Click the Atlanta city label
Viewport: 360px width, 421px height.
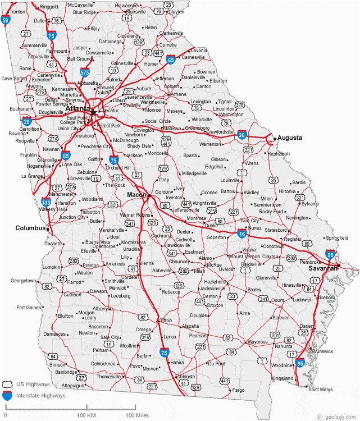pos(78,108)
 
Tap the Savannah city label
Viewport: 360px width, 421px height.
pos(323,268)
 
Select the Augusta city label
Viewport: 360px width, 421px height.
pos(290,138)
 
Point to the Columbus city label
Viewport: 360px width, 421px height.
pos(30,228)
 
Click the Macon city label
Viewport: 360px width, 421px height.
pos(136,194)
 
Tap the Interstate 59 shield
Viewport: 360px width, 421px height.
pos(5,21)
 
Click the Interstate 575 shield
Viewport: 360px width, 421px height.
pos(84,71)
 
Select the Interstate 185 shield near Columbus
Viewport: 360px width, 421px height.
pos(47,200)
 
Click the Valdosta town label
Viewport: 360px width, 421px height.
pos(186,377)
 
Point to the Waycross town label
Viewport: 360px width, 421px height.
pos(258,342)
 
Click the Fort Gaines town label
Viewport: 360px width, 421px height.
pos(28,308)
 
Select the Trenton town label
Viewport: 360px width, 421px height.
pos(17,11)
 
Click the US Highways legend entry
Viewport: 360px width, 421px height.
pos(33,385)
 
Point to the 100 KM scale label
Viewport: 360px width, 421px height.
pos(86,415)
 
